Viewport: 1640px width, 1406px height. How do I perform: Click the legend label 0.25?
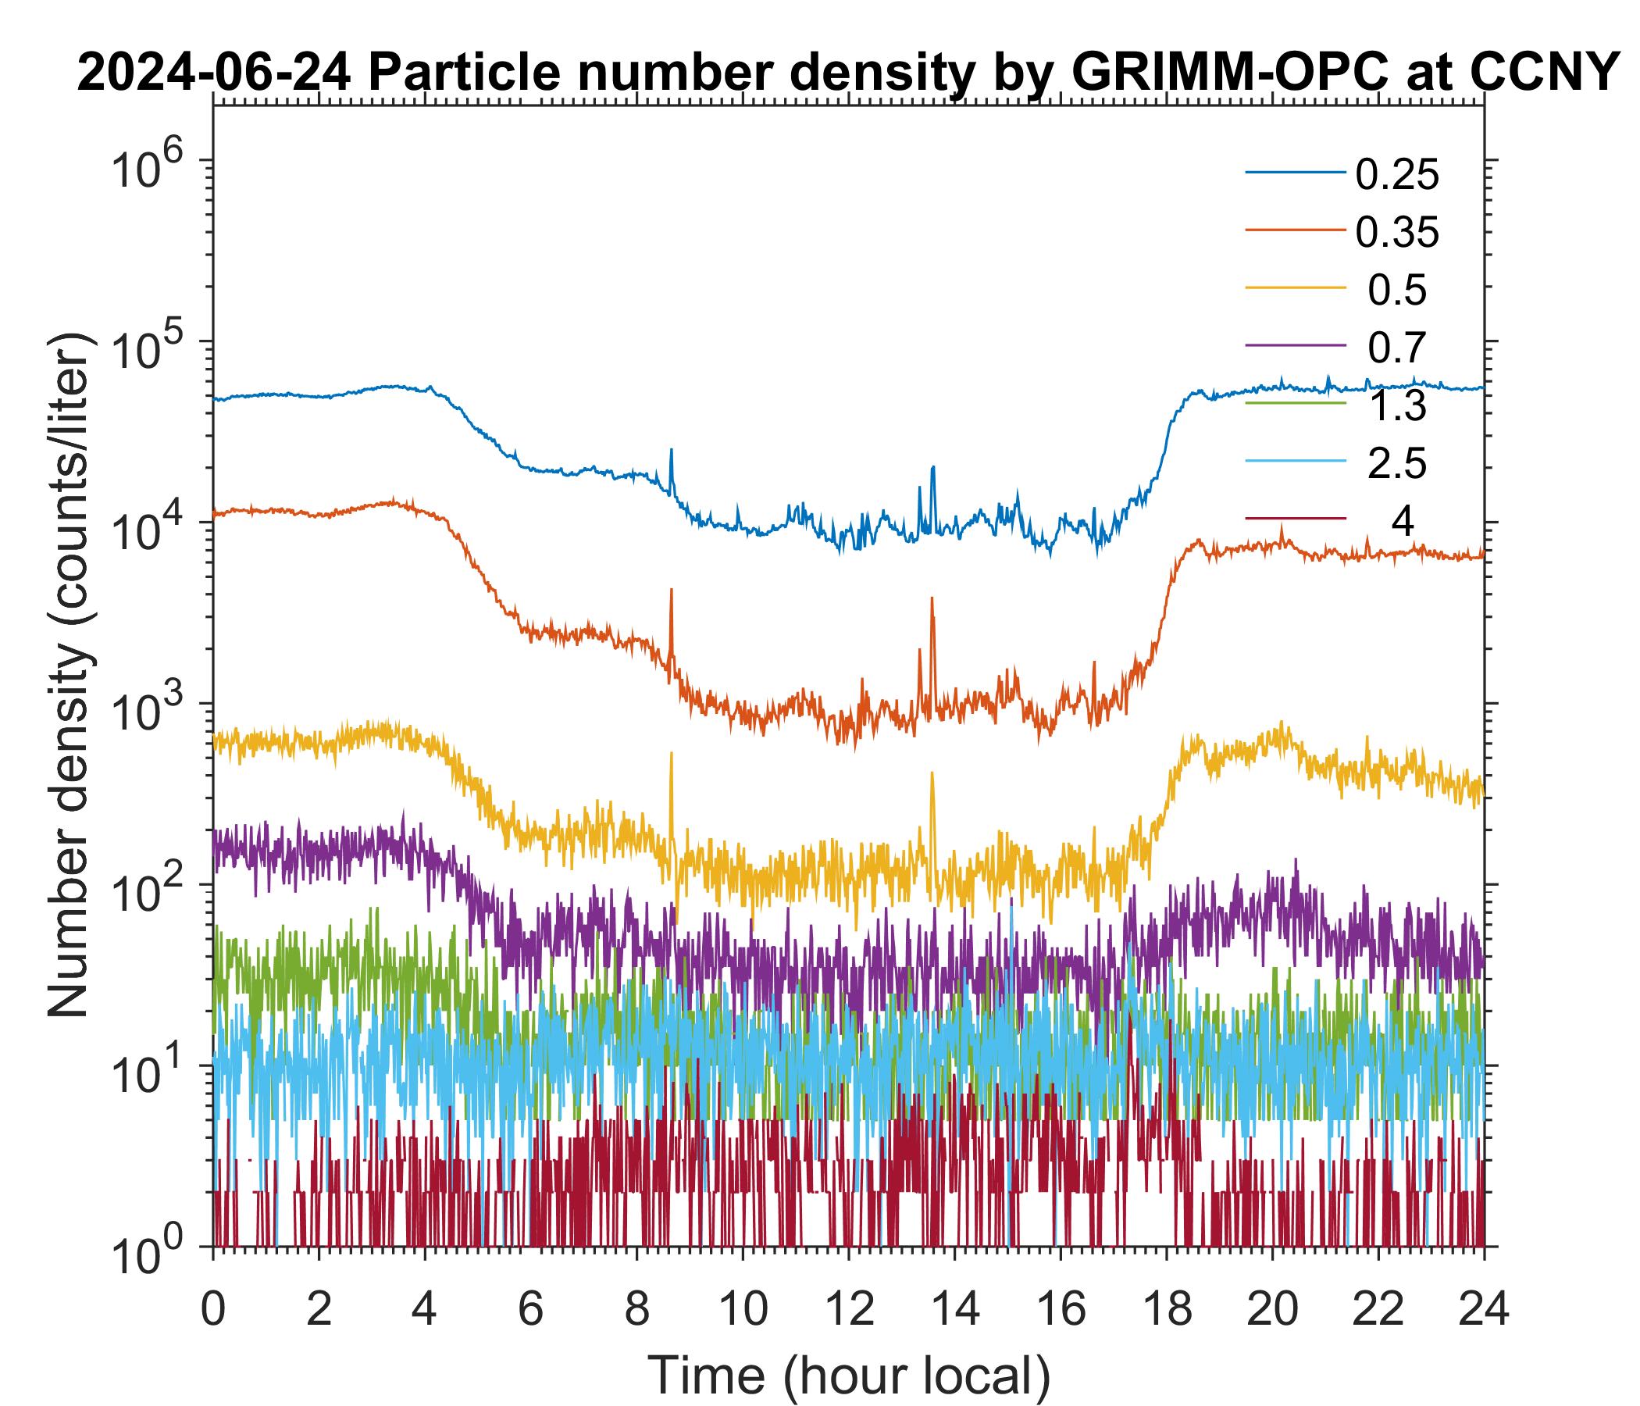(x=1396, y=175)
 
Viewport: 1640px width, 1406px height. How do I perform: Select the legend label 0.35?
(x=1396, y=233)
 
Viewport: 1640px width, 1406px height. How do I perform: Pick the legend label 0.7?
(x=1397, y=348)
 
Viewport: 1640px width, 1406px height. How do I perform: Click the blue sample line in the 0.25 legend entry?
(x=1295, y=172)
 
